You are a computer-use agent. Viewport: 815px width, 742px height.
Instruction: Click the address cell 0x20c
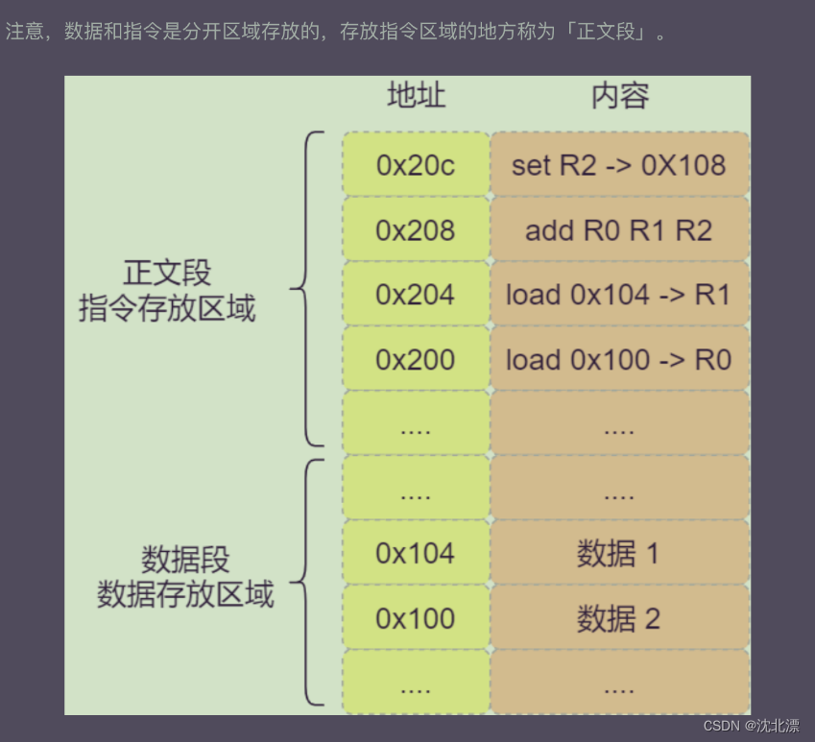pyautogui.click(x=415, y=165)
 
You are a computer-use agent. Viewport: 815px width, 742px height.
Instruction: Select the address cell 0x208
pyautogui.click(x=415, y=230)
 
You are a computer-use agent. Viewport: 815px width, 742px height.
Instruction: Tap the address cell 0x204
pyautogui.click(x=415, y=295)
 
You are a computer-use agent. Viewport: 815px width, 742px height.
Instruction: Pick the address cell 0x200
pyautogui.click(x=415, y=360)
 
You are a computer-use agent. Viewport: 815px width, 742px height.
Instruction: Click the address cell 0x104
pyautogui.click(x=415, y=554)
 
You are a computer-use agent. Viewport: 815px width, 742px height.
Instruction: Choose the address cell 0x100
pyautogui.click(x=415, y=619)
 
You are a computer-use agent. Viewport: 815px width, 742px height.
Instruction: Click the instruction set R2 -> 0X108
pyautogui.click(x=618, y=165)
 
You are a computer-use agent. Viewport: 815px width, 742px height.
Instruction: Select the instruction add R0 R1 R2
pyautogui.click(x=618, y=230)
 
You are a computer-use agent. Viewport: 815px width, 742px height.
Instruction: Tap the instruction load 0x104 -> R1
pyautogui.click(x=618, y=295)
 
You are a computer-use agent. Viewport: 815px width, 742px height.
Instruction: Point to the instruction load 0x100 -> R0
pyautogui.click(x=618, y=360)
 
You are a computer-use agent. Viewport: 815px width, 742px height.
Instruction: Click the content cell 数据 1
pyautogui.click(x=618, y=554)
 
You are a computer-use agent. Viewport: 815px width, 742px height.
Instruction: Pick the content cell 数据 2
pyautogui.click(x=618, y=619)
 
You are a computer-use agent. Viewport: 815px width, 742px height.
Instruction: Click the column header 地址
pyautogui.click(x=416, y=96)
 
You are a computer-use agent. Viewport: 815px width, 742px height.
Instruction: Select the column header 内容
pyautogui.click(x=619, y=96)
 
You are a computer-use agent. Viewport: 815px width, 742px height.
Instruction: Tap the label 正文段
pyautogui.click(x=167, y=273)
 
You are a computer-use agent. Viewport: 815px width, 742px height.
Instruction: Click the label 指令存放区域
pyautogui.click(x=167, y=309)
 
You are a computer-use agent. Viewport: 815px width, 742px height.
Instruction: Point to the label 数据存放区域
pyautogui.click(x=185, y=594)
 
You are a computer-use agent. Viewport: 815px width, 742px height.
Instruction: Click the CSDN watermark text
pyautogui.click(x=750, y=726)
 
